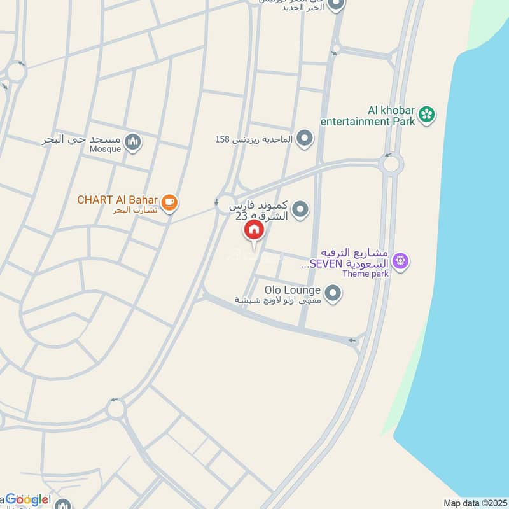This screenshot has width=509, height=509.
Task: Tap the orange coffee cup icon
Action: coord(169,202)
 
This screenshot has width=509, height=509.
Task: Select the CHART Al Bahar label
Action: coord(117,200)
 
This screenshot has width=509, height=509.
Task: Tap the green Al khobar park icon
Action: coord(427,115)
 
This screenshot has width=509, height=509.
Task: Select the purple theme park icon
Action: coord(400,260)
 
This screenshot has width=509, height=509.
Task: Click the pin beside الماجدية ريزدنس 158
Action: coord(305,137)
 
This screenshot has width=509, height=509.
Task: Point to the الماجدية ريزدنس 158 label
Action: coord(254,139)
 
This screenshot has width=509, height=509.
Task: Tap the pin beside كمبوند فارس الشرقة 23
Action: coord(300,208)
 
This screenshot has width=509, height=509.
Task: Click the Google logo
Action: coord(27,499)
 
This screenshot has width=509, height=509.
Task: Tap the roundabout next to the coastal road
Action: coord(391,164)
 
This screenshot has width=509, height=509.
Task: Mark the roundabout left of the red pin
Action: coord(225,204)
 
